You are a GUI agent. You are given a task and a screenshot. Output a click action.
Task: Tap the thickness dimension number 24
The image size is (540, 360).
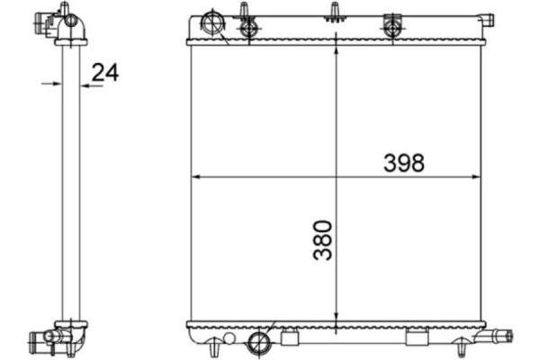pos(105,73)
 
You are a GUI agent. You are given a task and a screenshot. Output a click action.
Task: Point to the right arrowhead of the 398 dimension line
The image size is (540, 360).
pos(476,176)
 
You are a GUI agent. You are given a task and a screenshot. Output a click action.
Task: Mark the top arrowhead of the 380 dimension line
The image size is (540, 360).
pos(337,49)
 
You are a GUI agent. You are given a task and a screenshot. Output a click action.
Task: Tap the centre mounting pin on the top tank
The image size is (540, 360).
pos(335,11)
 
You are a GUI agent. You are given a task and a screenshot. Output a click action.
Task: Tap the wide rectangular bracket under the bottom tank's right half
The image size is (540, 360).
pos(417,338)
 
